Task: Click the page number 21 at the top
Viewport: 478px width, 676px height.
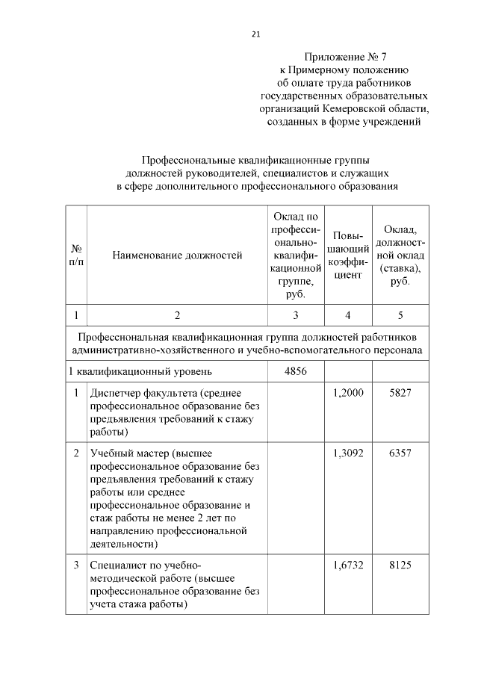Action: pos(255,34)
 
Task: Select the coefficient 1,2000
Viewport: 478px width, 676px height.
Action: pos(348,393)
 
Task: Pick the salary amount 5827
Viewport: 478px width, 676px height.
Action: pos(400,393)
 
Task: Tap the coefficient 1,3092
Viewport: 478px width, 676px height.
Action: pos(348,453)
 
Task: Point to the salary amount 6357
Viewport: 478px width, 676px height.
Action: pos(400,453)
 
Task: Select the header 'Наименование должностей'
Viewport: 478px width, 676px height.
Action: pos(177,255)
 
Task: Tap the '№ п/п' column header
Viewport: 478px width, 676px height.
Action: pos(76,255)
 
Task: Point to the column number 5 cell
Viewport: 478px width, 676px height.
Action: pos(400,314)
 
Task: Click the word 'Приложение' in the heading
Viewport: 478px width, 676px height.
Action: pos(332,56)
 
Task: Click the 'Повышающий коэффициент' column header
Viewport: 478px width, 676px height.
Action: pos(348,255)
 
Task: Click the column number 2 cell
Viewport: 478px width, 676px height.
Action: pos(177,314)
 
